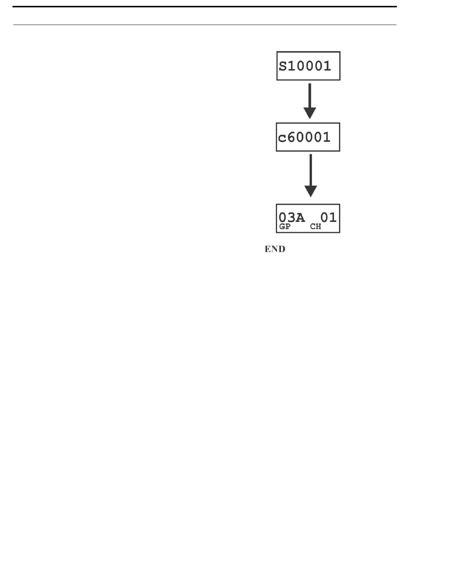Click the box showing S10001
point(308,66)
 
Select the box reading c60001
point(308,137)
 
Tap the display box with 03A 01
point(308,218)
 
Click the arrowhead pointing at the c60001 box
point(310,113)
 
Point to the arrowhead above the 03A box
point(311,191)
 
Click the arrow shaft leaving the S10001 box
point(310,96)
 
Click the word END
point(275,249)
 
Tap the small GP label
point(285,227)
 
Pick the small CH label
point(315,227)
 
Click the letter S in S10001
point(283,67)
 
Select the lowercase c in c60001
point(282,139)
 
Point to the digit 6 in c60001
point(291,137)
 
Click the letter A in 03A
point(300,218)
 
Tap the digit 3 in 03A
point(292,218)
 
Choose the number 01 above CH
point(328,217)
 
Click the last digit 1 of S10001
point(327,66)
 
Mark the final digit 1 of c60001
point(326,137)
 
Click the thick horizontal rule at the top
point(205,7)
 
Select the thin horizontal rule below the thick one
point(205,25)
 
